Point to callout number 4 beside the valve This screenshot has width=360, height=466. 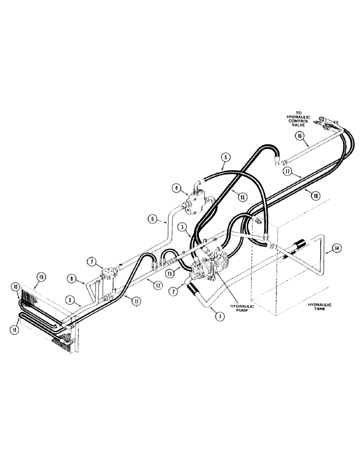[x=177, y=188]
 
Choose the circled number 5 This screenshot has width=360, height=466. [x=225, y=158]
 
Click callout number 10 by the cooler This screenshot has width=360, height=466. [x=15, y=285]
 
